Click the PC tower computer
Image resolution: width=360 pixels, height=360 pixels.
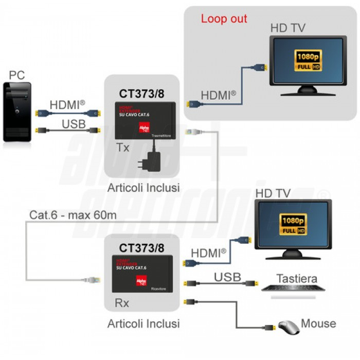17,112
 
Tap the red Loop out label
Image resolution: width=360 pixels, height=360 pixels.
224,19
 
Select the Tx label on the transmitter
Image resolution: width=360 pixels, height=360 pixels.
123,148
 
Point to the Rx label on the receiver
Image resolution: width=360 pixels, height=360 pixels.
122,303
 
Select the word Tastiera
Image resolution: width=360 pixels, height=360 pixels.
296,279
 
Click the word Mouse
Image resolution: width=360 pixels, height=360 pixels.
318,323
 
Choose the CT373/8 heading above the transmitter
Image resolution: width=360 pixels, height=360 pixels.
141,94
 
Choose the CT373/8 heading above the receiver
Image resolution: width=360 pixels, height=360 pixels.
141,248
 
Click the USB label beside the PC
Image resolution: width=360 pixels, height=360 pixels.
74,124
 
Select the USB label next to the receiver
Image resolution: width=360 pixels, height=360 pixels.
227,277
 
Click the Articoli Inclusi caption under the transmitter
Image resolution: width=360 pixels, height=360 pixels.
143,188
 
